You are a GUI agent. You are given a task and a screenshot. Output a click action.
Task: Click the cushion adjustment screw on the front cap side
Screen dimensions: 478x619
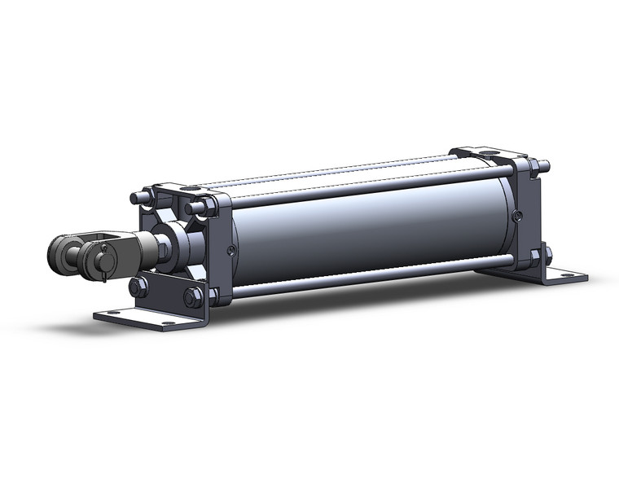(232, 249)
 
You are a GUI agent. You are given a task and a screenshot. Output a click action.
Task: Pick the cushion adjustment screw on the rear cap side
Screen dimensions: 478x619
(518, 215)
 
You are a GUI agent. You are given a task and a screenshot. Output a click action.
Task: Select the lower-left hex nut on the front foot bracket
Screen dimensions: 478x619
(136, 287)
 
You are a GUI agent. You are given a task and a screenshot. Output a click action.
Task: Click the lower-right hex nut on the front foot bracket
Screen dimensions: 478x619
(192, 298)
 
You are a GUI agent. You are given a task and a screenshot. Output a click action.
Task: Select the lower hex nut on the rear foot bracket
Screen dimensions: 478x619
(535, 257)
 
